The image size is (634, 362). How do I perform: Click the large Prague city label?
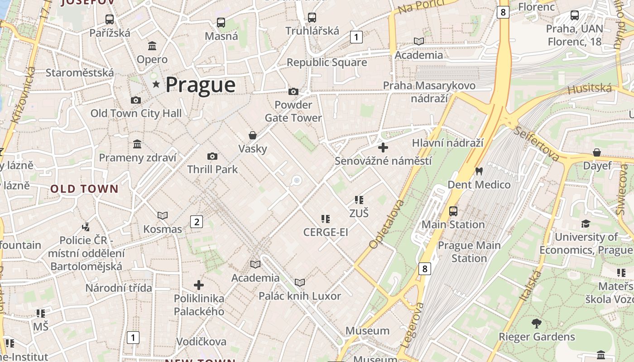[200, 85]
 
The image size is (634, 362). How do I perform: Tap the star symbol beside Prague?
[156, 84]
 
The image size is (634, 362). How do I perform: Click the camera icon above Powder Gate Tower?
[293, 92]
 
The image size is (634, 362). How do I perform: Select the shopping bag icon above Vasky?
[253, 135]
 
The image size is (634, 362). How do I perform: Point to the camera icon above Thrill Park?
[212, 157]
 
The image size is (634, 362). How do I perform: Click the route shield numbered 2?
[197, 222]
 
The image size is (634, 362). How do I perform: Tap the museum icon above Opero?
[152, 46]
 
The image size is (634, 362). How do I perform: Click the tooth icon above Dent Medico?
[479, 171]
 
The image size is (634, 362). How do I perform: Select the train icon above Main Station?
[453, 211]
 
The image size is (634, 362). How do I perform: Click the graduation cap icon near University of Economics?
[586, 224]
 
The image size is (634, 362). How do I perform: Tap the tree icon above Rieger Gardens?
[537, 324]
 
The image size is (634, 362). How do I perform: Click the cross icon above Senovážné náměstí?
[383, 148]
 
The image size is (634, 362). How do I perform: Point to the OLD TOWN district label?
[84, 189]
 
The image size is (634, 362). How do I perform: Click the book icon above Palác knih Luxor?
[300, 283]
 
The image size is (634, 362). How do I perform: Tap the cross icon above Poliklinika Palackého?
[199, 285]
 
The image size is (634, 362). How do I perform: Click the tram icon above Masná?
[221, 22]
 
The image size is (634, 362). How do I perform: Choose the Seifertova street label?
[537, 143]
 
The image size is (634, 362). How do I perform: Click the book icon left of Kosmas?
[163, 216]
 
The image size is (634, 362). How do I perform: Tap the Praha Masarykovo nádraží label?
[429, 92]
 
